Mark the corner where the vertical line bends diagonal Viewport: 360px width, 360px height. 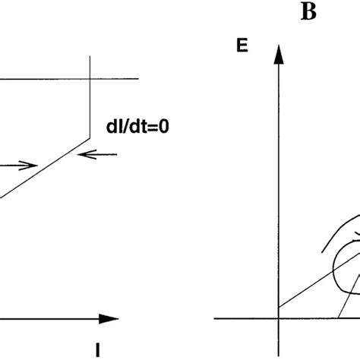click(91, 137)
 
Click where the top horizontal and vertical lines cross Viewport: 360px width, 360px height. click(91, 78)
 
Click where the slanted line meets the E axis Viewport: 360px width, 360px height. click(279, 307)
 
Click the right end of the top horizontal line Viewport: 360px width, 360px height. click(139, 78)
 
